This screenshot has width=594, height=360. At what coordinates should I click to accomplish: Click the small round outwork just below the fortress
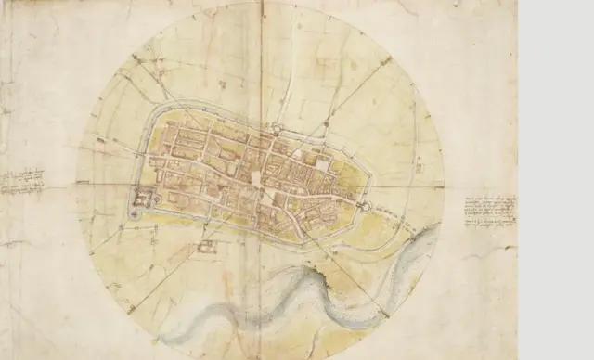click(x=137, y=214)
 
